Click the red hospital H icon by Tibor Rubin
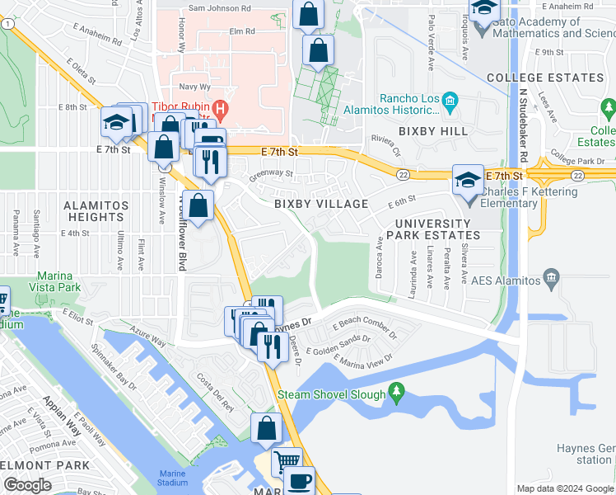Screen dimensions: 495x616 pyautogui.click(x=220, y=108)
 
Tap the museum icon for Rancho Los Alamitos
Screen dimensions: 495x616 pyautogui.click(x=450, y=103)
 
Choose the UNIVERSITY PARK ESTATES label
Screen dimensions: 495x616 pyautogui.click(x=436, y=229)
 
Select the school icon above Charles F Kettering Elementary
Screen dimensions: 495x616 pyautogui.click(x=468, y=180)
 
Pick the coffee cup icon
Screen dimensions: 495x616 pyautogui.click(x=300, y=480)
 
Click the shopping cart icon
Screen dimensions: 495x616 pyautogui.click(x=287, y=460)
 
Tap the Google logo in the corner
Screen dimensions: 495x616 pyautogui.click(x=26, y=485)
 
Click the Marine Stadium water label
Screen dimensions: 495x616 pyautogui.click(x=174, y=478)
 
